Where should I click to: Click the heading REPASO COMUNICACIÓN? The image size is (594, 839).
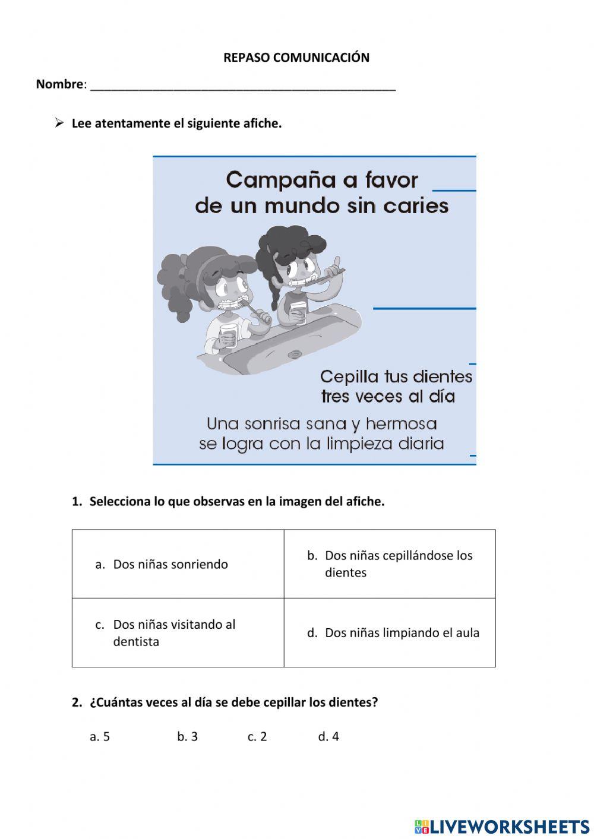296,58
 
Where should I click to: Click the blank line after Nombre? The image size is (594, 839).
243,86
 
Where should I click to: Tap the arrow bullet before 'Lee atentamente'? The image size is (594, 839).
59,123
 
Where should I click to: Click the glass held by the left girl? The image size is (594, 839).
228,335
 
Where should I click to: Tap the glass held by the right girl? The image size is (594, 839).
298,314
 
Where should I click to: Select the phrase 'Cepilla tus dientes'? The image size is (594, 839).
396,376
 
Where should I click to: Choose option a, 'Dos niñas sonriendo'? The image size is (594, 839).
170,564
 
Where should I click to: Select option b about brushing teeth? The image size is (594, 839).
398,563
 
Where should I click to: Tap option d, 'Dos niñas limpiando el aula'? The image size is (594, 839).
402,633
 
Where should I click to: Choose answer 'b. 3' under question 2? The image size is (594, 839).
187,737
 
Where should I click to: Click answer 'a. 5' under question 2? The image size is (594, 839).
100,737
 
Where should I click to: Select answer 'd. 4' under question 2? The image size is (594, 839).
328,737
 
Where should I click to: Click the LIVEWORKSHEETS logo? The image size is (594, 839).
502,827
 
